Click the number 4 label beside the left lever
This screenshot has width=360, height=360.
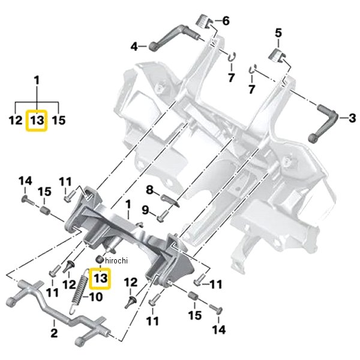135,46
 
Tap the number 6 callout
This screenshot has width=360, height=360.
226,21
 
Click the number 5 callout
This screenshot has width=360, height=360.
278,32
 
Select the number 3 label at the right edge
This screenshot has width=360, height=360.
352,117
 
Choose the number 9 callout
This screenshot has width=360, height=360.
145,209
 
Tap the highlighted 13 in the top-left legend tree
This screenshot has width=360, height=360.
37,121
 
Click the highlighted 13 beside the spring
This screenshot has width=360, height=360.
100,278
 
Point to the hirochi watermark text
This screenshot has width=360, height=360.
116,259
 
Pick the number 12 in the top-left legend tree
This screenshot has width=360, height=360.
15,121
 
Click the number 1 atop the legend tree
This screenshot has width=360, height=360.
37,80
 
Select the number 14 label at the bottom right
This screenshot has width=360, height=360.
219,329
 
